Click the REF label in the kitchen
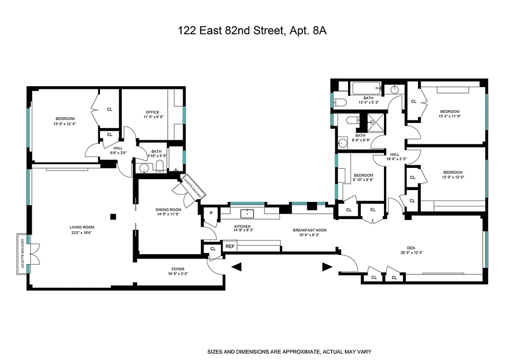point(230,246)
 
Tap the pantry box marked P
point(211,213)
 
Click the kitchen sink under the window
point(247,212)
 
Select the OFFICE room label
point(152,113)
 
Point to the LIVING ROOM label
point(82,227)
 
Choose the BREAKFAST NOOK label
point(309,230)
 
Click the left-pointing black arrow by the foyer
point(236,267)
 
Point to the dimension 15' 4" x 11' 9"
point(449,117)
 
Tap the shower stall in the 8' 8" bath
point(375,122)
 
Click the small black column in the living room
point(113,216)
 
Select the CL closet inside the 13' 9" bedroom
point(110,109)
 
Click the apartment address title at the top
point(252,31)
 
